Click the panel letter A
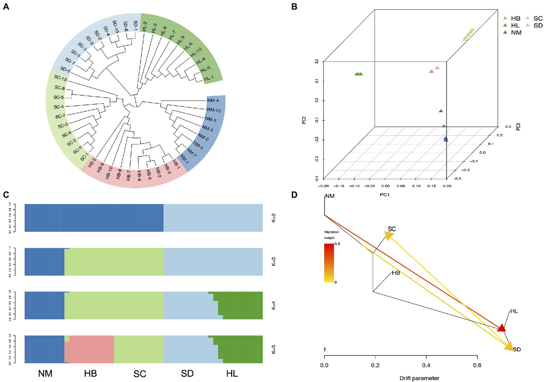pos(6,6)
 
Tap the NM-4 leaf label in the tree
pos(213,101)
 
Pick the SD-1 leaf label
pos(136,25)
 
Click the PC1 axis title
pos(385,195)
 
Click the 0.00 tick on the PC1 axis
pos(385,186)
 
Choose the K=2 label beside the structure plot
pos(274,218)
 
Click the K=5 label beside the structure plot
pos(274,349)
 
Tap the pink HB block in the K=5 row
pos(91,349)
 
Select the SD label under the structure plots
pos(187,373)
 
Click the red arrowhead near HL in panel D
pos(501,328)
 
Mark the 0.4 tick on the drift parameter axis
pos(426,365)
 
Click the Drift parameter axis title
pos(419,378)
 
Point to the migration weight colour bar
pos(329,263)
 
